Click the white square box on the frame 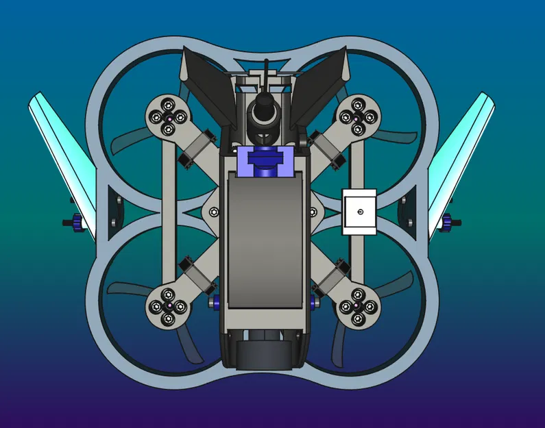coord(359,212)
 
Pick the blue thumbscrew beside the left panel coord(75,223)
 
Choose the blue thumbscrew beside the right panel coord(450,223)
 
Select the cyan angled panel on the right coord(463,158)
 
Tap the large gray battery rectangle coord(264,240)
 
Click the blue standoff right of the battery coord(314,299)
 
